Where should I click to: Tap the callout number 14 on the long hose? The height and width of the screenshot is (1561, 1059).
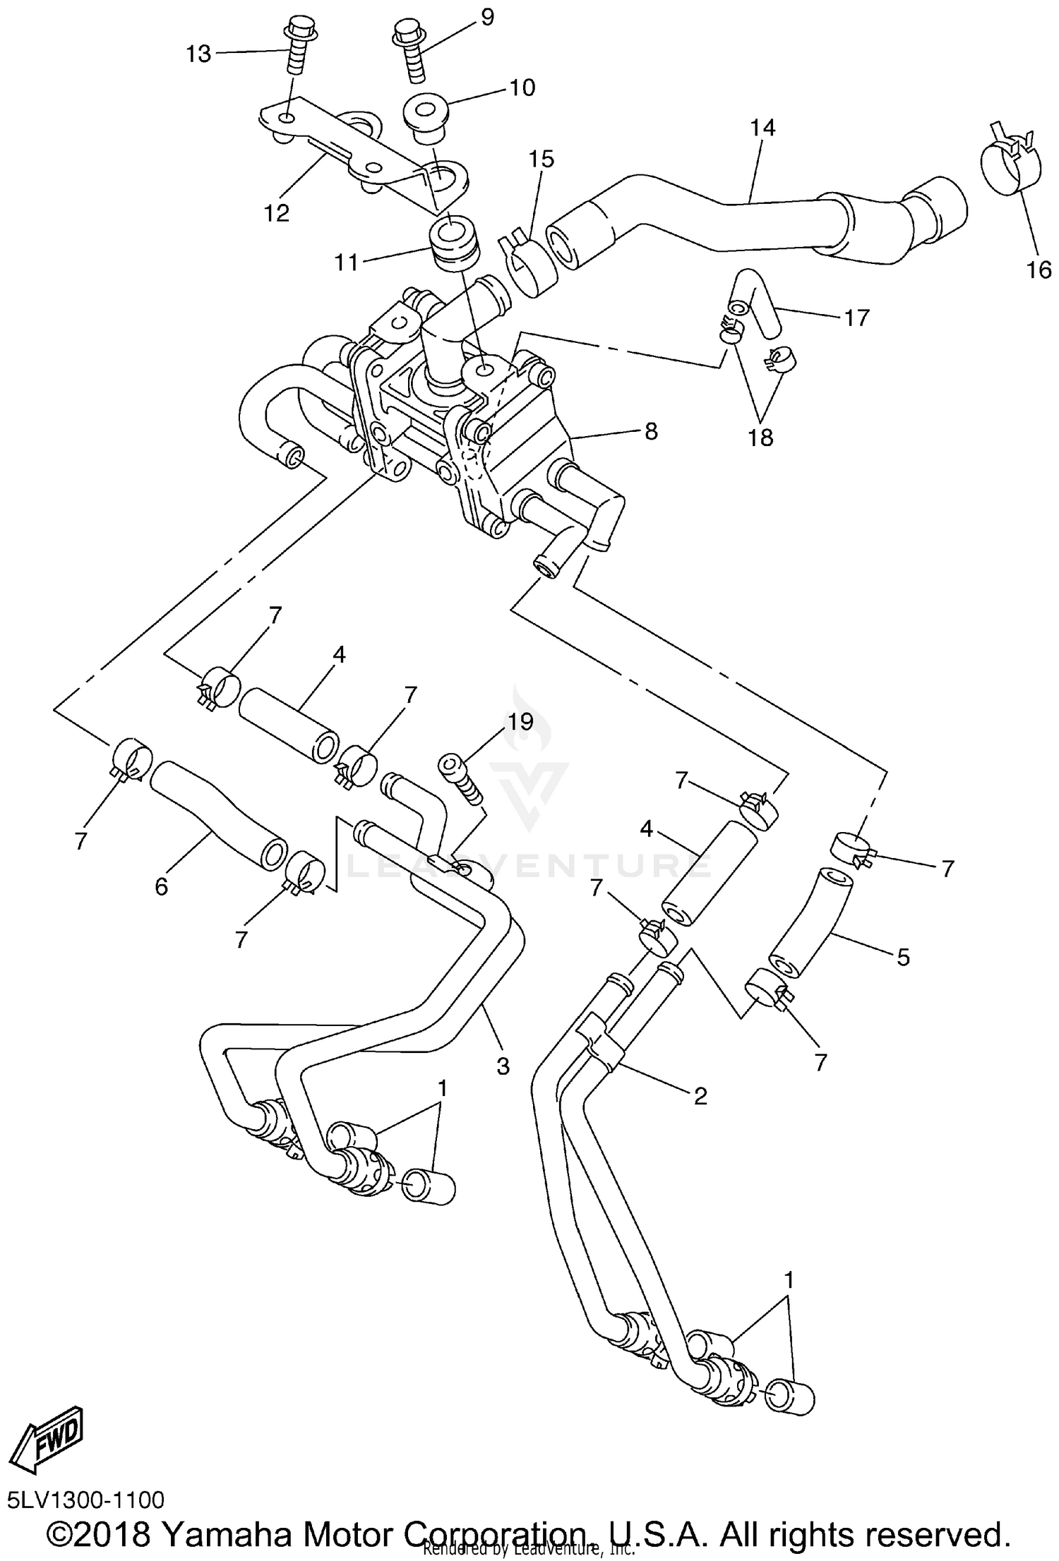(x=762, y=128)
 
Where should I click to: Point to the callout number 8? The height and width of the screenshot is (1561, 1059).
(x=650, y=430)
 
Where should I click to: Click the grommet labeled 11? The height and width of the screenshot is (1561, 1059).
(x=454, y=245)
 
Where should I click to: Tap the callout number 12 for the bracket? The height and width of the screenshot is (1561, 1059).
(x=277, y=212)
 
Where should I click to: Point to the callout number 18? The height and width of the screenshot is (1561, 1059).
(x=761, y=438)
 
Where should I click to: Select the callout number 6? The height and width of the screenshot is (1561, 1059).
(x=162, y=886)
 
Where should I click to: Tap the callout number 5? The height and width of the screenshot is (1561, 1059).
(x=903, y=957)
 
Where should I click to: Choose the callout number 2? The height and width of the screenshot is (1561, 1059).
(x=700, y=1095)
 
